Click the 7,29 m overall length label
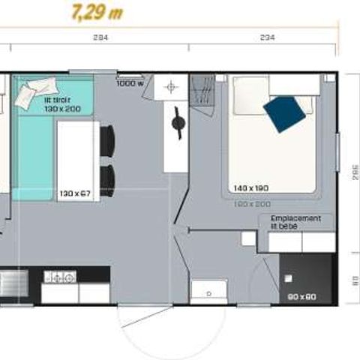97,13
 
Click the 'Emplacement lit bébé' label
296,222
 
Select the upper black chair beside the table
106,139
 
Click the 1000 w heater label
130,83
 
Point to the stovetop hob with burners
60,277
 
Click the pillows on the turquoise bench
32,94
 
